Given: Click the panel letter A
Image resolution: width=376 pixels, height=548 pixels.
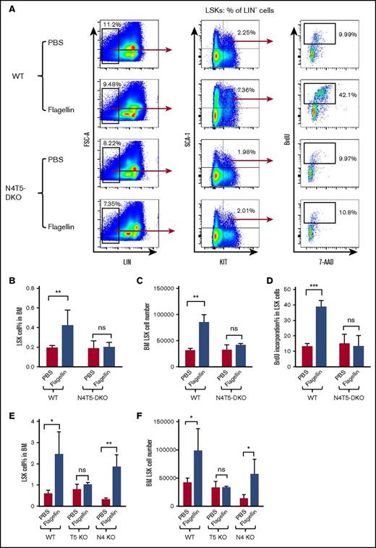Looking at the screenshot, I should pos(7,7).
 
